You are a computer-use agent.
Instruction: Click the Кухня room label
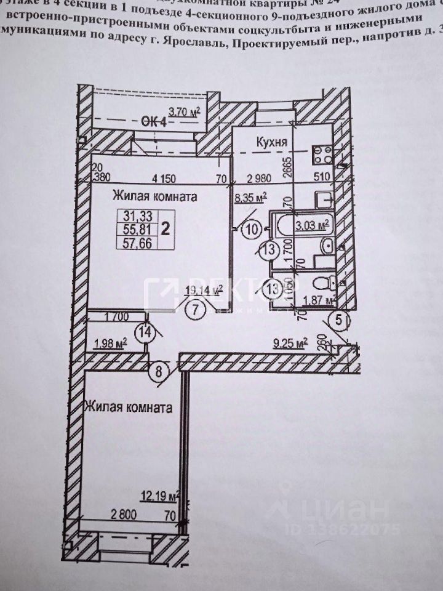click(273, 143)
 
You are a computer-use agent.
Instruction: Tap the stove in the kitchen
click(322, 154)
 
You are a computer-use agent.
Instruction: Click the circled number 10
click(251, 230)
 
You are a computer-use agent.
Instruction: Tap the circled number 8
click(159, 371)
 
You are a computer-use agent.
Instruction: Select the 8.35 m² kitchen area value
click(250, 198)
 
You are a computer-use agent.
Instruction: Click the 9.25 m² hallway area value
click(290, 343)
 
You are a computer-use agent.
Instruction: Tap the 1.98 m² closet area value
click(109, 342)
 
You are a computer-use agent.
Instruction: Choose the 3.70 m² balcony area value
click(185, 111)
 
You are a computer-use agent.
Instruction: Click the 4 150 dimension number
click(164, 179)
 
